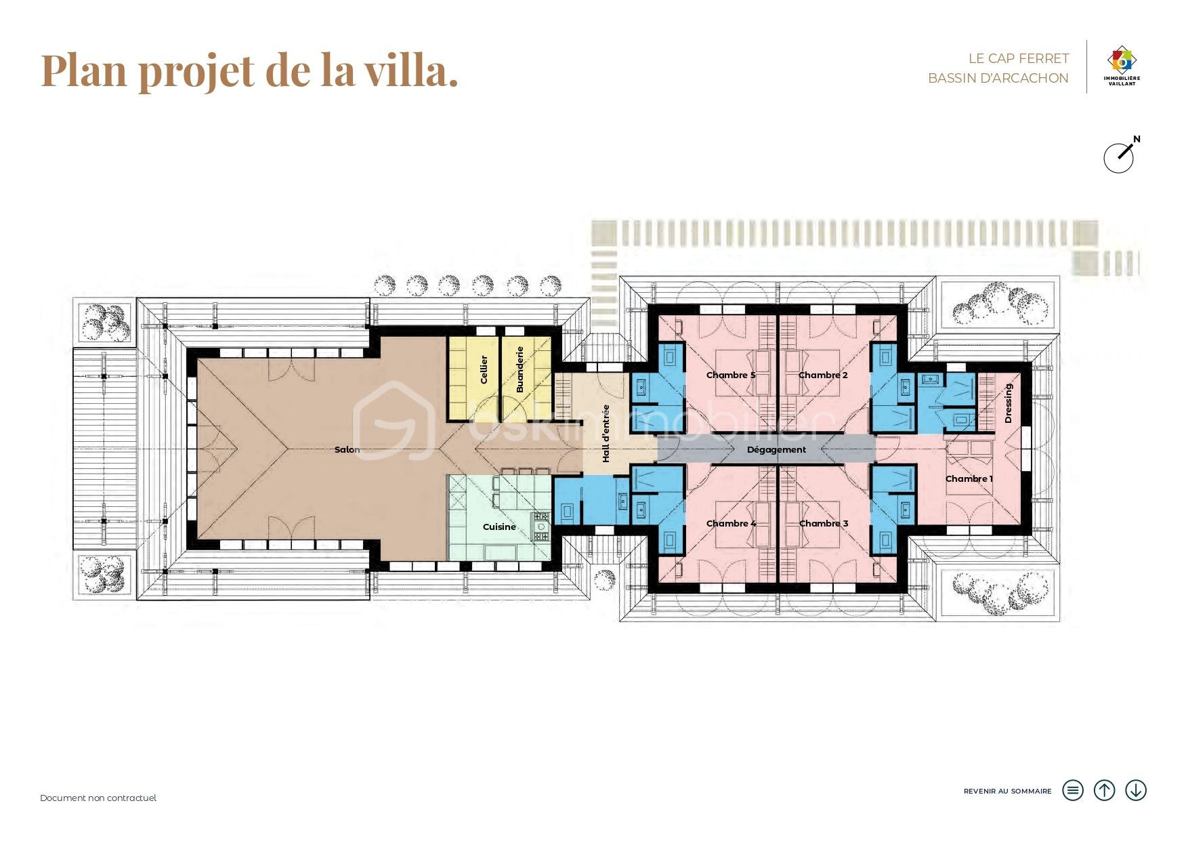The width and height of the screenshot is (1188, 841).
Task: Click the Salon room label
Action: (x=347, y=449)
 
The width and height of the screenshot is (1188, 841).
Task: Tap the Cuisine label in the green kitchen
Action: (x=499, y=527)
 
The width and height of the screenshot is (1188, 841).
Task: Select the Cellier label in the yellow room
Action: (x=484, y=369)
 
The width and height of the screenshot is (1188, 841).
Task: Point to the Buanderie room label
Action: (x=520, y=369)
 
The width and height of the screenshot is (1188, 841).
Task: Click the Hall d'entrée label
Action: (x=606, y=434)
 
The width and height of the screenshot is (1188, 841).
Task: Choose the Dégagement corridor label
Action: (x=776, y=449)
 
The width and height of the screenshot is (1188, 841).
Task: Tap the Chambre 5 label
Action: (x=730, y=375)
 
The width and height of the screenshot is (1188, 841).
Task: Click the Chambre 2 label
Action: (x=823, y=375)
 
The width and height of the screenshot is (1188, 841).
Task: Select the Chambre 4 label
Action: (x=730, y=523)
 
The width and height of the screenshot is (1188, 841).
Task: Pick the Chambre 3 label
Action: (x=823, y=523)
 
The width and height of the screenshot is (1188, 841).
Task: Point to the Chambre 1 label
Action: (x=969, y=478)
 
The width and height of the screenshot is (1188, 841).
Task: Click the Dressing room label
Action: (x=1008, y=403)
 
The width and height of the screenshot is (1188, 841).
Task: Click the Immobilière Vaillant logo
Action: (x=1122, y=66)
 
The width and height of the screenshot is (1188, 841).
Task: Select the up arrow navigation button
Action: (x=1104, y=790)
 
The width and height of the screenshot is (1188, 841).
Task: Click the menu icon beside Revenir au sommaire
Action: (x=1073, y=790)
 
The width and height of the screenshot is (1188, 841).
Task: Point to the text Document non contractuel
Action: (x=98, y=798)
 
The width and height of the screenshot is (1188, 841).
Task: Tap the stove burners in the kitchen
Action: (x=541, y=526)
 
